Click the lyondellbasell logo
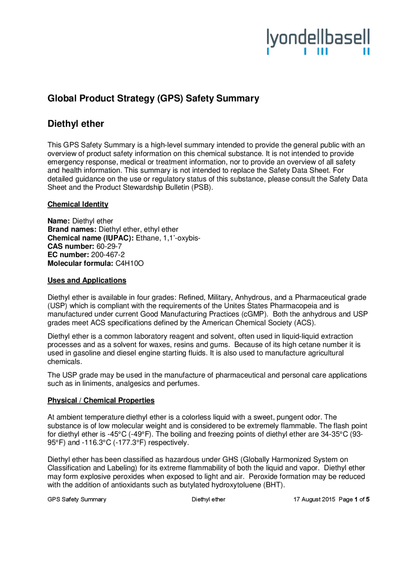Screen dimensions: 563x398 click(x=318, y=42)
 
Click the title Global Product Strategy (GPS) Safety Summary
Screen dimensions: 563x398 click(x=153, y=99)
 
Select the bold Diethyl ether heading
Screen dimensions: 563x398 click(x=76, y=124)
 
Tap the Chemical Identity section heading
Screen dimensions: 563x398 click(x=78, y=204)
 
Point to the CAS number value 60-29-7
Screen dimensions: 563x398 click(x=109, y=247)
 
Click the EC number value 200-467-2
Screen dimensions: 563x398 click(x=108, y=255)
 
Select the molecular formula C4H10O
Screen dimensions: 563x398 click(x=129, y=264)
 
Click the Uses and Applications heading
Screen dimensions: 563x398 click(x=87, y=280)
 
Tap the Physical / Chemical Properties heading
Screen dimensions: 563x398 click(x=101, y=400)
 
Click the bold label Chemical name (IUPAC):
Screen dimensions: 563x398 click(x=90, y=238)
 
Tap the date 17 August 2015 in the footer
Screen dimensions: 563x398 click(x=314, y=500)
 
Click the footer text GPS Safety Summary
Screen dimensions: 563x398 click(x=77, y=500)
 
